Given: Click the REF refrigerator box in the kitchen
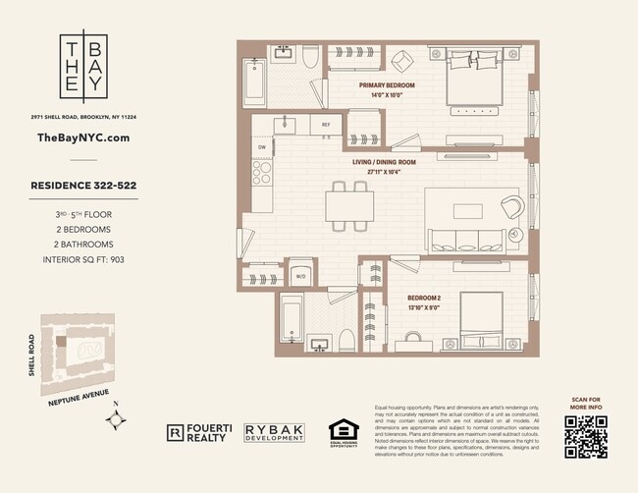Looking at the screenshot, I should point(326,126).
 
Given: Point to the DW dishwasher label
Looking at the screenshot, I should point(262,147).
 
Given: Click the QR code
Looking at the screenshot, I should point(585,437).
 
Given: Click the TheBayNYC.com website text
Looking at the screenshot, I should point(82,138).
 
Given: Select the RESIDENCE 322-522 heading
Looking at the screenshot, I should point(82,183).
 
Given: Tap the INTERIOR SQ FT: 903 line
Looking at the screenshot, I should point(82,260).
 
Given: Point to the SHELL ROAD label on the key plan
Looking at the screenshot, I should point(32,354).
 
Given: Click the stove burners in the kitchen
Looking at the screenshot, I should point(263,174).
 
